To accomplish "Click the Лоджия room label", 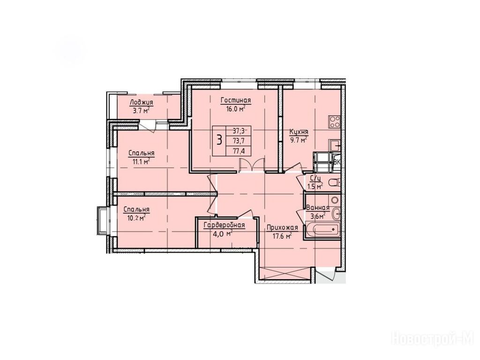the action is (141, 103).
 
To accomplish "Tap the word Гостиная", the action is (236, 100).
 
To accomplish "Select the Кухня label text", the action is (299, 132).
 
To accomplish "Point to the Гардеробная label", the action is (225, 225).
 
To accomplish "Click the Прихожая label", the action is (282, 227).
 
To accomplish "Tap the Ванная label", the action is (318, 208).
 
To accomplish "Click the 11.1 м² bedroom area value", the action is (141, 161).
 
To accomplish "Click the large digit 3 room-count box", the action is (219, 141).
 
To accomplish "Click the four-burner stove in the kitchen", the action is (334, 121).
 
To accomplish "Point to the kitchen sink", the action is (335, 145).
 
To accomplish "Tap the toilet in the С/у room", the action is (334, 183).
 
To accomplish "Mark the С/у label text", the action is (315, 178).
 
